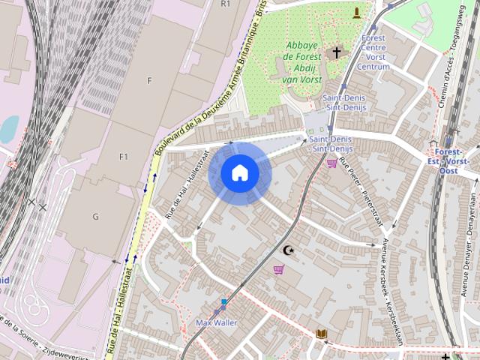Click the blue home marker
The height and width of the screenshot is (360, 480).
click(x=239, y=173)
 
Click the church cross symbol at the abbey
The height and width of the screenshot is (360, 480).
click(x=337, y=52)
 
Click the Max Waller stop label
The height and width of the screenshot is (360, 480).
click(x=216, y=322)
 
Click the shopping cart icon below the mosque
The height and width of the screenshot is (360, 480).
click(x=279, y=270)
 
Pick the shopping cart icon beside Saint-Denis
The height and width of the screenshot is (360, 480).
click(x=331, y=163)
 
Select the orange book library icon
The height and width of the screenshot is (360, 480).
click(x=322, y=334)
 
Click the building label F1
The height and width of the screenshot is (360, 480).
click(x=124, y=157)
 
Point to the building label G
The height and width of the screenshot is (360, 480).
click(x=95, y=217)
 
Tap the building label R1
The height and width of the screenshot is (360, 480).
click(x=226, y=4)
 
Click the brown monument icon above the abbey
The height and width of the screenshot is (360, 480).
click(x=356, y=12)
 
